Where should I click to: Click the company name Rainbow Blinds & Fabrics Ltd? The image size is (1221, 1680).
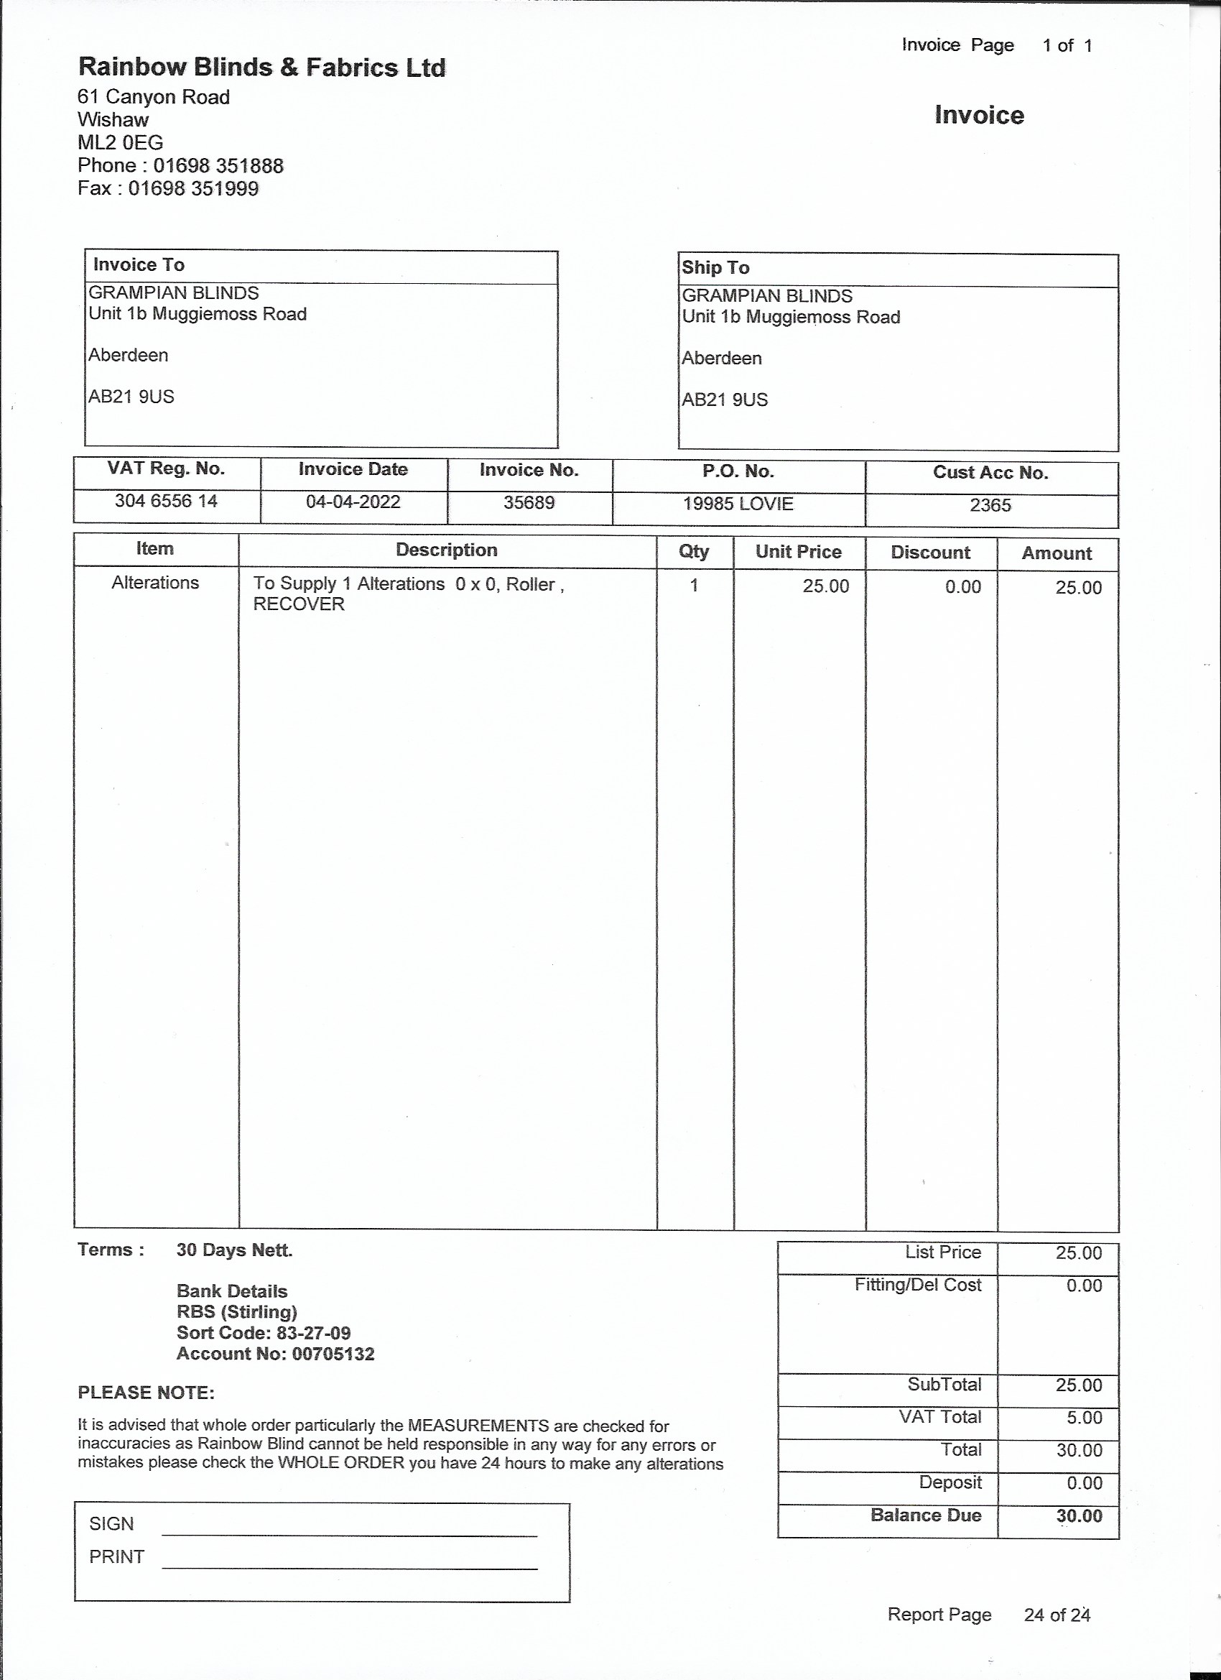tap(261, 68)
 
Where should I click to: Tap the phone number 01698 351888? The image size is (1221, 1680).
tap(218, 165)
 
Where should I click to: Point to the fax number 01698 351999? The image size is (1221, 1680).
tap(193, 188)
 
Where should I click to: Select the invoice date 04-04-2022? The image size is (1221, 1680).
tap(353, 502)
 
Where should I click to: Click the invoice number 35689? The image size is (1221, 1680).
tap(529, 502)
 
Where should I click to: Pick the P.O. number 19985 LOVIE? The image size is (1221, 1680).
tap(738, 504)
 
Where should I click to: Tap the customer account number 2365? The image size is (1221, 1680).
tap(990, 505)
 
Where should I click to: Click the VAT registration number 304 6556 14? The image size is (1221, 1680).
tap(166, 501)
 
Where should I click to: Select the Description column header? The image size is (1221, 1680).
tap(446, 550)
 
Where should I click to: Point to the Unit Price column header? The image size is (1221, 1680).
tap(798, 552)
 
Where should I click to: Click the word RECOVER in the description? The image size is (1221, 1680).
tap(298, 604)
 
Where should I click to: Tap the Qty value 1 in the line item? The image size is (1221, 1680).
tap(694, 585)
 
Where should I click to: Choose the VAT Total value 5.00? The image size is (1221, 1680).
tap(1084, 1417)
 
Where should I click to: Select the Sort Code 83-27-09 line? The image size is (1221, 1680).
tap(264, 1333)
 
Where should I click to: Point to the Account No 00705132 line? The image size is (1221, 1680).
tap(276, 1354)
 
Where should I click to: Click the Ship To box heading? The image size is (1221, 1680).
tap(715, 267)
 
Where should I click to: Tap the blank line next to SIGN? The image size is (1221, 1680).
tap(349, 1535)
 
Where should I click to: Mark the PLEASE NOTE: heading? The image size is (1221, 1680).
tap(146, 1393)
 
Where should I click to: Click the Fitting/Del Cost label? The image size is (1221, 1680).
tap(917, 1285)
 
